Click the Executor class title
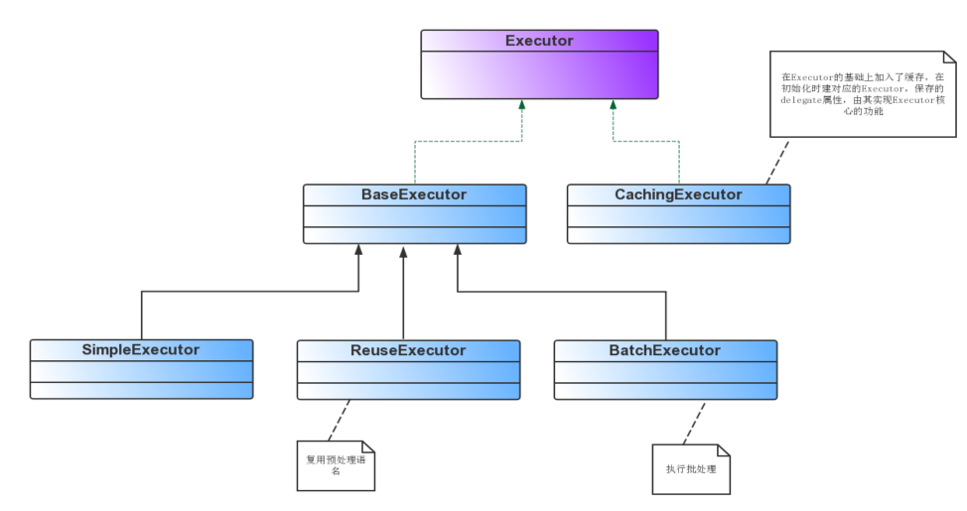pyautogui.click(x=539, y=41)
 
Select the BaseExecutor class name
pyautogui.click(x=414, y=194)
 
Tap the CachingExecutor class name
pyautogui.click(x=678, y=194)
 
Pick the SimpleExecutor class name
pyautogui.click(x=141, y=349)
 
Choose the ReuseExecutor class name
pyautogui.click(x=408, y=350)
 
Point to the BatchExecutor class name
pyautogui.click(x=664, y=350)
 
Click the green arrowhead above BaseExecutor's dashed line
pyautogui.click(x=521, y=104)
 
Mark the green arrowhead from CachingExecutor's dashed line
pyautogui.click(x=613, y=104)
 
